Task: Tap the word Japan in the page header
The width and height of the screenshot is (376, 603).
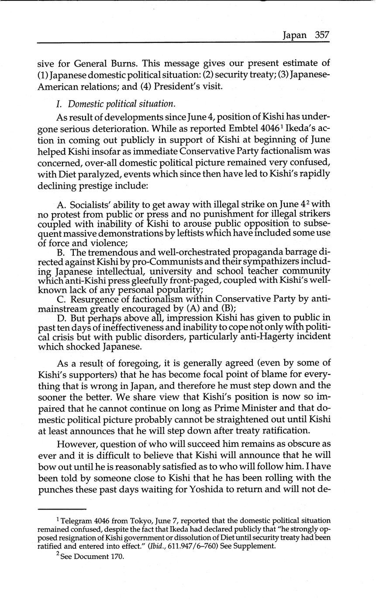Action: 294,35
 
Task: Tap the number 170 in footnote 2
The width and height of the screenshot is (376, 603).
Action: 117,557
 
